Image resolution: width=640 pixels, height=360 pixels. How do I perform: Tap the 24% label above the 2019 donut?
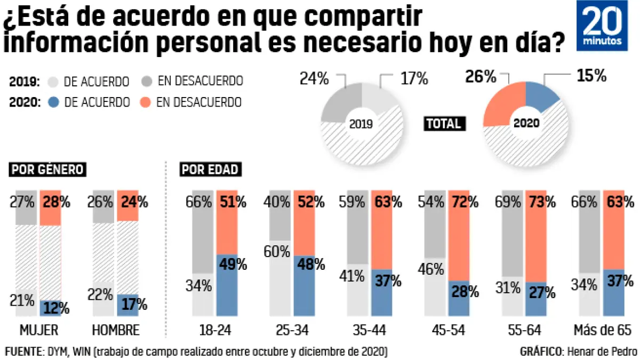tap(314, 79)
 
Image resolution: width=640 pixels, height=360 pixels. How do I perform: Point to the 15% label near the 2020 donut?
tap(591, 76)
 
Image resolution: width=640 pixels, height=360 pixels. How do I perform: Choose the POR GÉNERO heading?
tap(48, 170)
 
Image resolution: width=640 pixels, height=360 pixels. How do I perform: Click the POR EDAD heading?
tap(210, 170)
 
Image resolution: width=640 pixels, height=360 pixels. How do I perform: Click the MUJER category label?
tap(38, 330)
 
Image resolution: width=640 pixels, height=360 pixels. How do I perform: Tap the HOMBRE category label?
tap(116, 330)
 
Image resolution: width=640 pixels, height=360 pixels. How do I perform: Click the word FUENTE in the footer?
tap(22, 351)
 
